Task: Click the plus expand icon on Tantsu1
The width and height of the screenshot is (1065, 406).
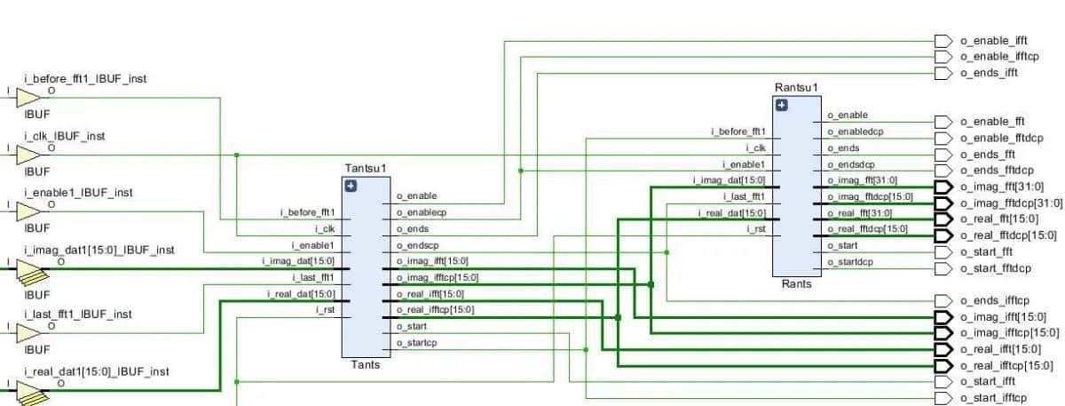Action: [351, 186]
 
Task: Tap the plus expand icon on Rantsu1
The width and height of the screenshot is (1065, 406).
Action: [781, 106]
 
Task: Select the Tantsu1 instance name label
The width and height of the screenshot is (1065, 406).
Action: [366, 168]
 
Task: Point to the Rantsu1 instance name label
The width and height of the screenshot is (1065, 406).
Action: [796, 87]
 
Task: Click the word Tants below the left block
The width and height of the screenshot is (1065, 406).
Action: [365, 364]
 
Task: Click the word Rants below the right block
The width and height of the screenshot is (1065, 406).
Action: [795, 284]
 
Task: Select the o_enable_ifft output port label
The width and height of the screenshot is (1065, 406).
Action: [994, 41]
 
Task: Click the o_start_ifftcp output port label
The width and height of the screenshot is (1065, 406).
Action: [993, 398]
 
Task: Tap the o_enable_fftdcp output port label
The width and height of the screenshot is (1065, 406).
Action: [1001, 138]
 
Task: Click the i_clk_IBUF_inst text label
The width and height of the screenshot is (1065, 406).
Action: [64, 136]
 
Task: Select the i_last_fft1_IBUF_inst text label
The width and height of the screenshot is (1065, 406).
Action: [78, 314]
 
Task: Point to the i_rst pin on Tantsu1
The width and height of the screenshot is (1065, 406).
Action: [325, 310]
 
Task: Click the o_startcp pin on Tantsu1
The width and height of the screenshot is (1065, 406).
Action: [415, 343]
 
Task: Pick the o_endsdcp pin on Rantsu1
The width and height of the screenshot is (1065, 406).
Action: [850, 164]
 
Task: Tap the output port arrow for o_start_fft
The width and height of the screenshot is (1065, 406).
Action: [943, 251]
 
